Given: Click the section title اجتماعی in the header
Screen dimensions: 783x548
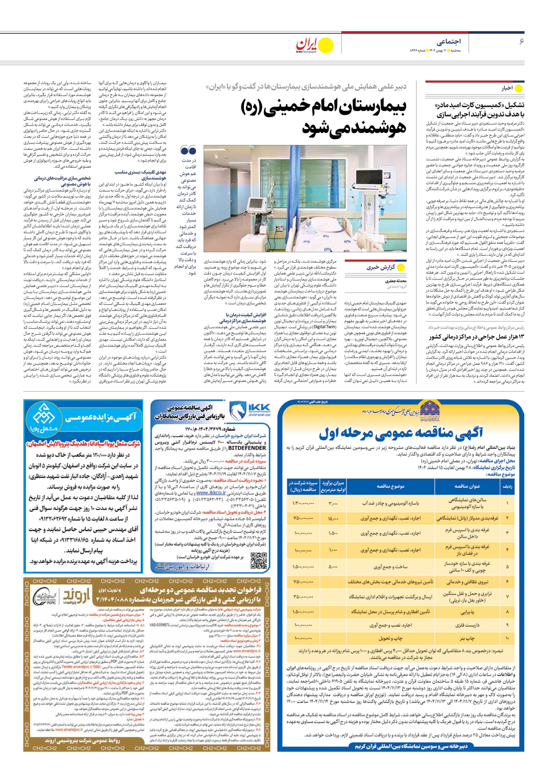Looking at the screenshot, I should click(448, 42).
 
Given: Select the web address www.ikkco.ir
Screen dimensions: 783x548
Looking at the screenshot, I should click(211, 493).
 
